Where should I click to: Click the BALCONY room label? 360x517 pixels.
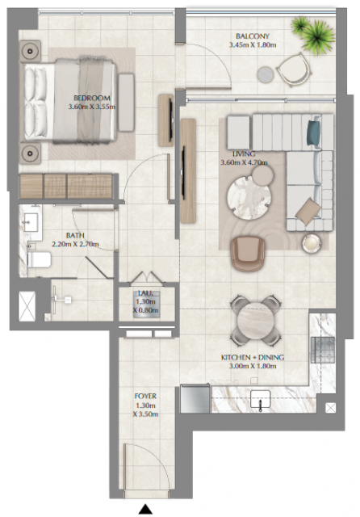[253, 36]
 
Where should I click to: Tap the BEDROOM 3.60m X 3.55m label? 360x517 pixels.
[91, 103]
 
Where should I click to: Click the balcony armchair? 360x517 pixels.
[294, 70]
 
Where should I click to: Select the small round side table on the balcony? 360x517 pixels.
[266, 74]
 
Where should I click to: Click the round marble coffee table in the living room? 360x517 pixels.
[249, 197]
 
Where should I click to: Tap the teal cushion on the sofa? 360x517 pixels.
[313, 132]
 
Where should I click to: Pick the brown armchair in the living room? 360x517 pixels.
[248, 253]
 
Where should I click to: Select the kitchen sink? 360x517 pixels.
[261, 399]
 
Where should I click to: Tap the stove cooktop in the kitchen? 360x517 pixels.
[322, 350]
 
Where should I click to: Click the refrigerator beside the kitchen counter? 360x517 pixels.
[195, 398]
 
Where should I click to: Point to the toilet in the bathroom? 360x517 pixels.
[40, 260]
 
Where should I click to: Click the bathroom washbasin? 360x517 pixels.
[31, 222]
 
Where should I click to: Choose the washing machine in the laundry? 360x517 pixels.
[147, 304]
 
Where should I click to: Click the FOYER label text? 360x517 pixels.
[145, 396]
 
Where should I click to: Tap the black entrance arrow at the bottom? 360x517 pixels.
[145, 509]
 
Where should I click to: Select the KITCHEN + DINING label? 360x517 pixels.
[253, 357]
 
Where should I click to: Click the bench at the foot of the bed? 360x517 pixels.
[127, 103]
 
